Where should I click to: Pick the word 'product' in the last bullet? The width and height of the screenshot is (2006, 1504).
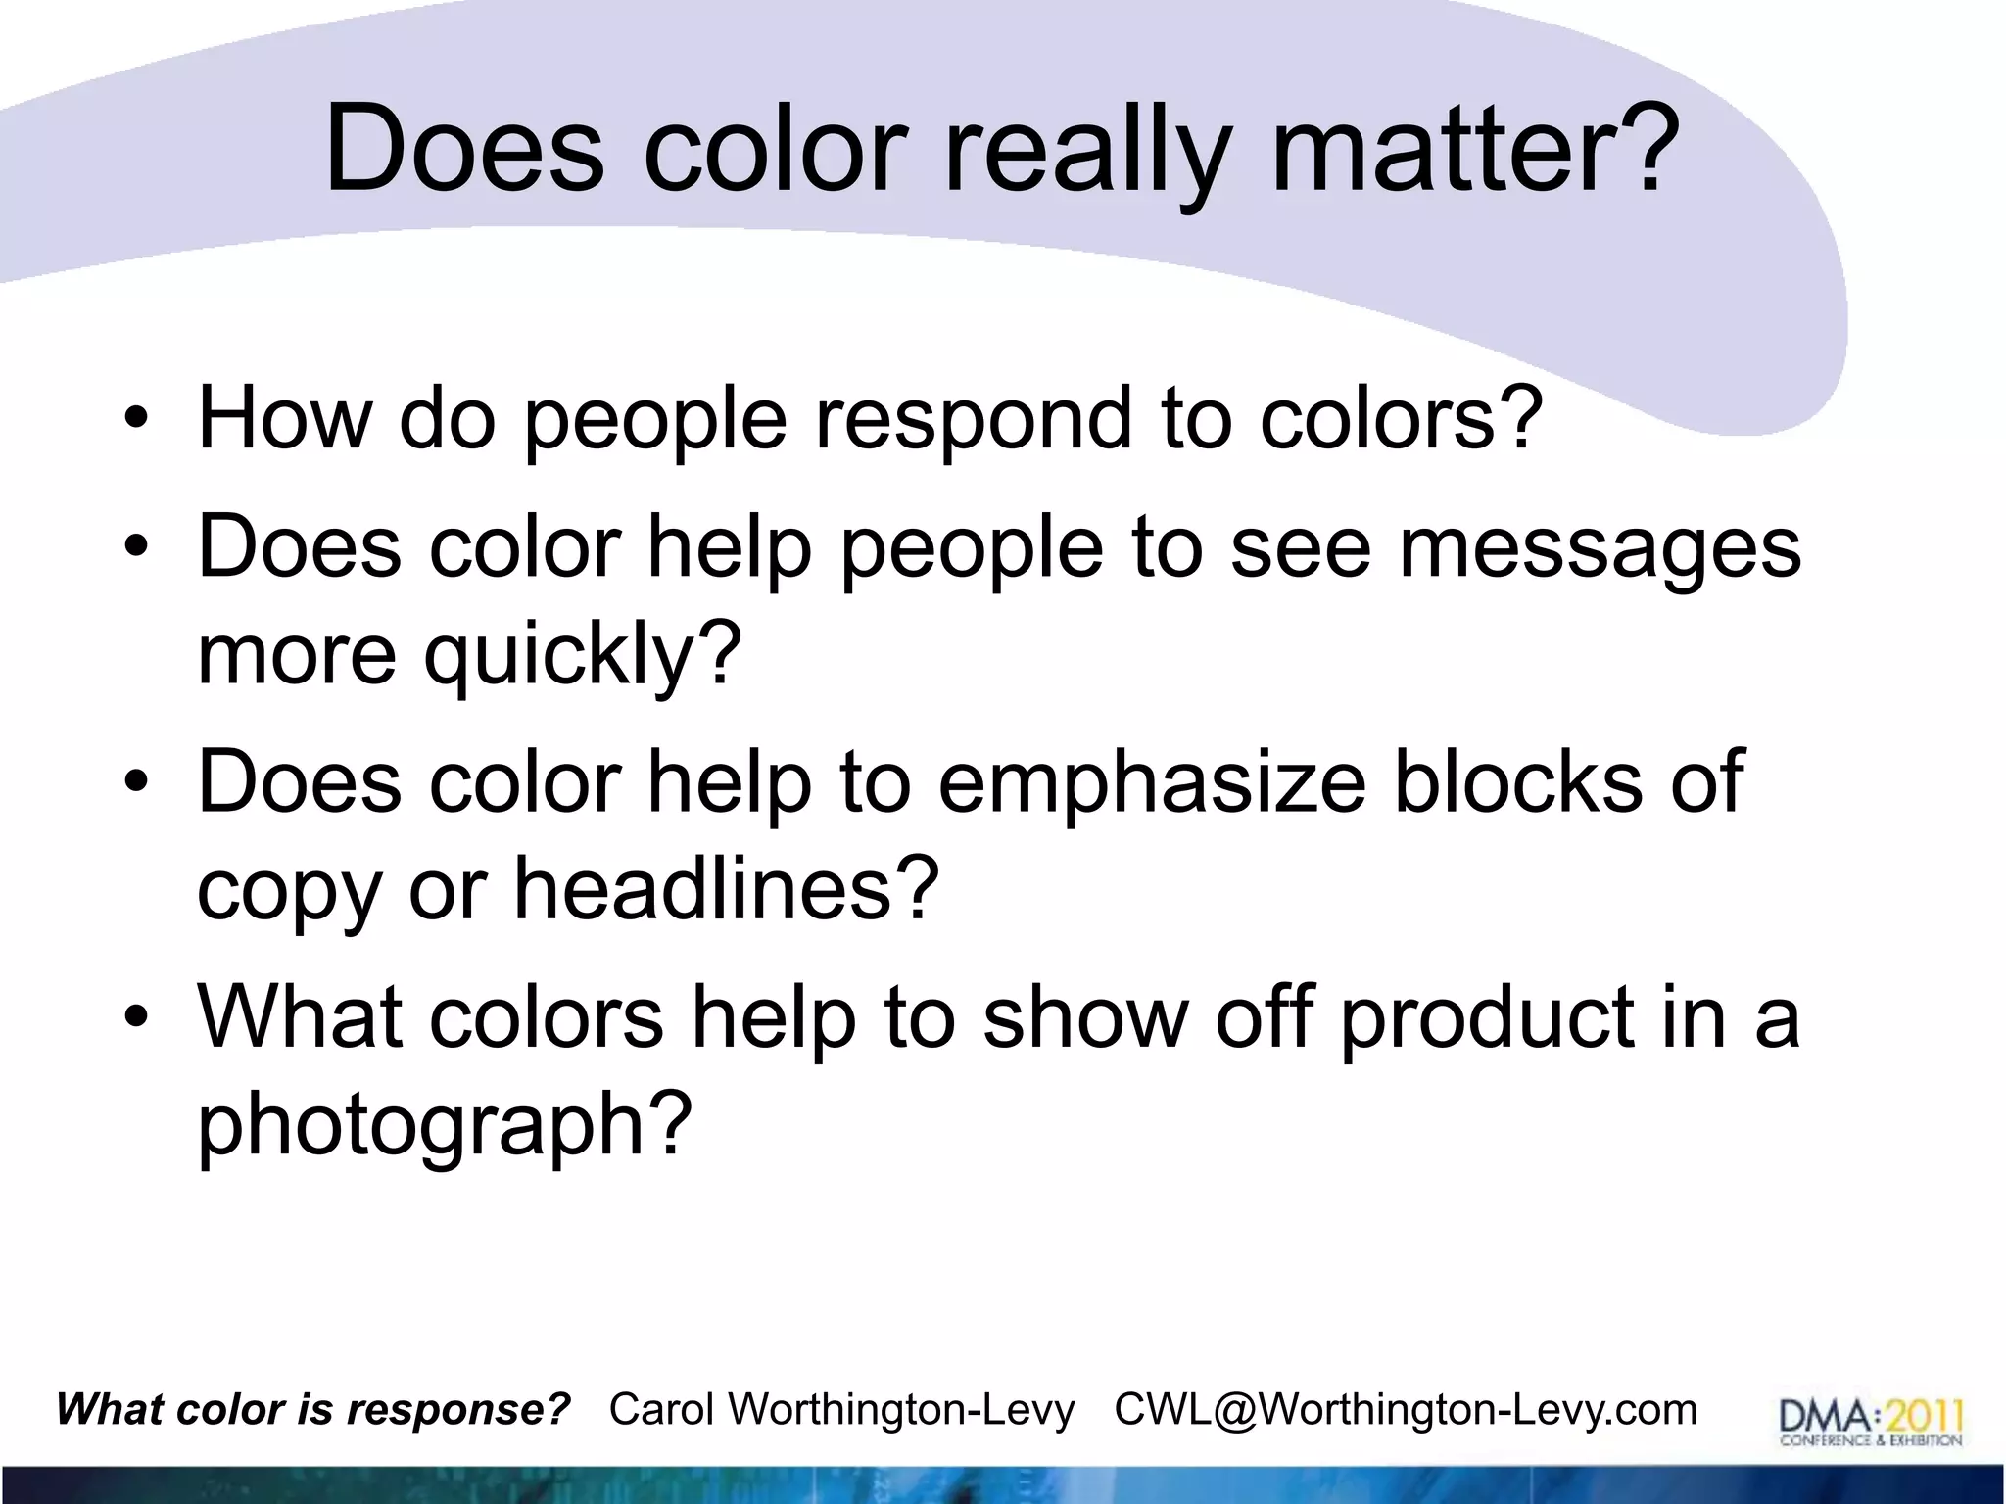1484,1018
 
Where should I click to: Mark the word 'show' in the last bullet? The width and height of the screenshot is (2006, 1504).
1084,1018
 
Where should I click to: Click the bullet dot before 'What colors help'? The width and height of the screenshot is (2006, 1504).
136,1019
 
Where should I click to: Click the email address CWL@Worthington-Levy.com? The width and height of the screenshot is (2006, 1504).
1406,1410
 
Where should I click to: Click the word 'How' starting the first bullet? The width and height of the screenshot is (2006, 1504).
284,419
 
